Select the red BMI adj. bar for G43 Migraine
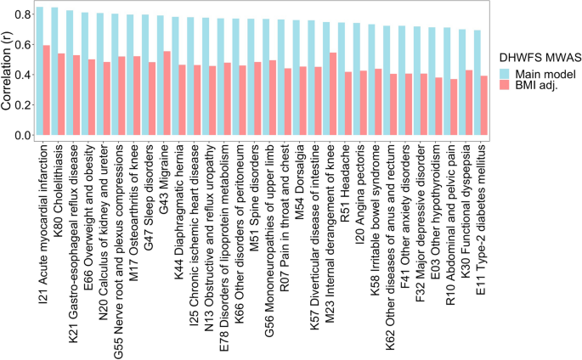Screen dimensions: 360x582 [x=167, y=93]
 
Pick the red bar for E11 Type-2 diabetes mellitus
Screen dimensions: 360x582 [x=484, y=105]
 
